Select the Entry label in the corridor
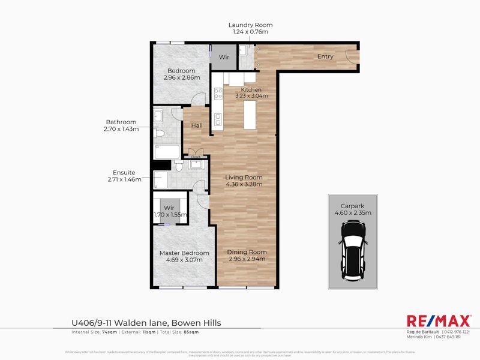coord(325,57)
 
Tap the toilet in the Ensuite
coord(196,164)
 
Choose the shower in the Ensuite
coord(161,179)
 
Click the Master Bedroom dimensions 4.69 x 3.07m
coord(184,260)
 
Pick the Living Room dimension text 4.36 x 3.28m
coord(244,185)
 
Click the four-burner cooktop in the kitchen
coord(218,93)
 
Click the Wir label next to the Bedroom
coord(224,57)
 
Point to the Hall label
coord(197,125)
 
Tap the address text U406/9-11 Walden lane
coord(146,323)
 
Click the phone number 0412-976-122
coord(457,332)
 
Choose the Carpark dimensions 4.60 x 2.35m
coord(353,212)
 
